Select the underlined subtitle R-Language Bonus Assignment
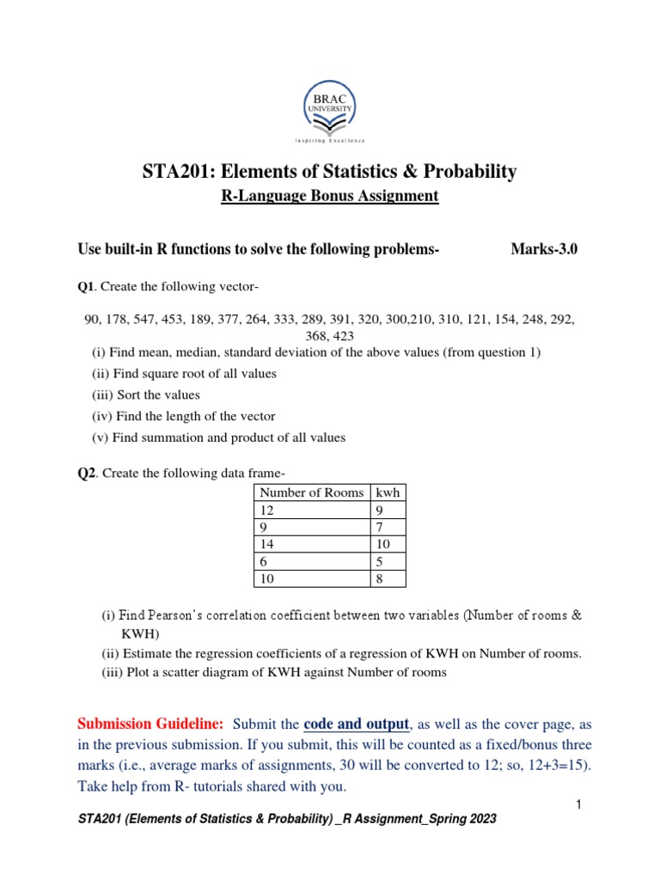click(x=330, y=196)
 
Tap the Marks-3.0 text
click(x=544, y=249)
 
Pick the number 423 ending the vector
click(x=341, y=336)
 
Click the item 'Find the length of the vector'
click(x=183, y=416)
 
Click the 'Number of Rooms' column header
click(x=311, y=492)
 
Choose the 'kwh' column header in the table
click(x=386, y=492)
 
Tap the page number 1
click(x=579, y=804)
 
